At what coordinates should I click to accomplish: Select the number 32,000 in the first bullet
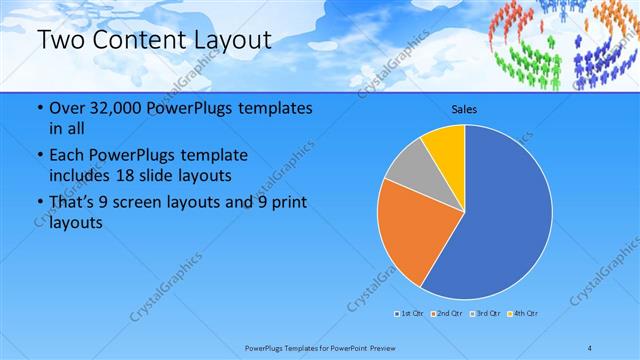(x=110, y=107)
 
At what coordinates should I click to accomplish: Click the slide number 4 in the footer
(x=590, y=347)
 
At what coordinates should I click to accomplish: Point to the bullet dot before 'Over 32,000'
(x=39, y=107)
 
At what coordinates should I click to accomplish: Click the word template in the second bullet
(x=217, y=156)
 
